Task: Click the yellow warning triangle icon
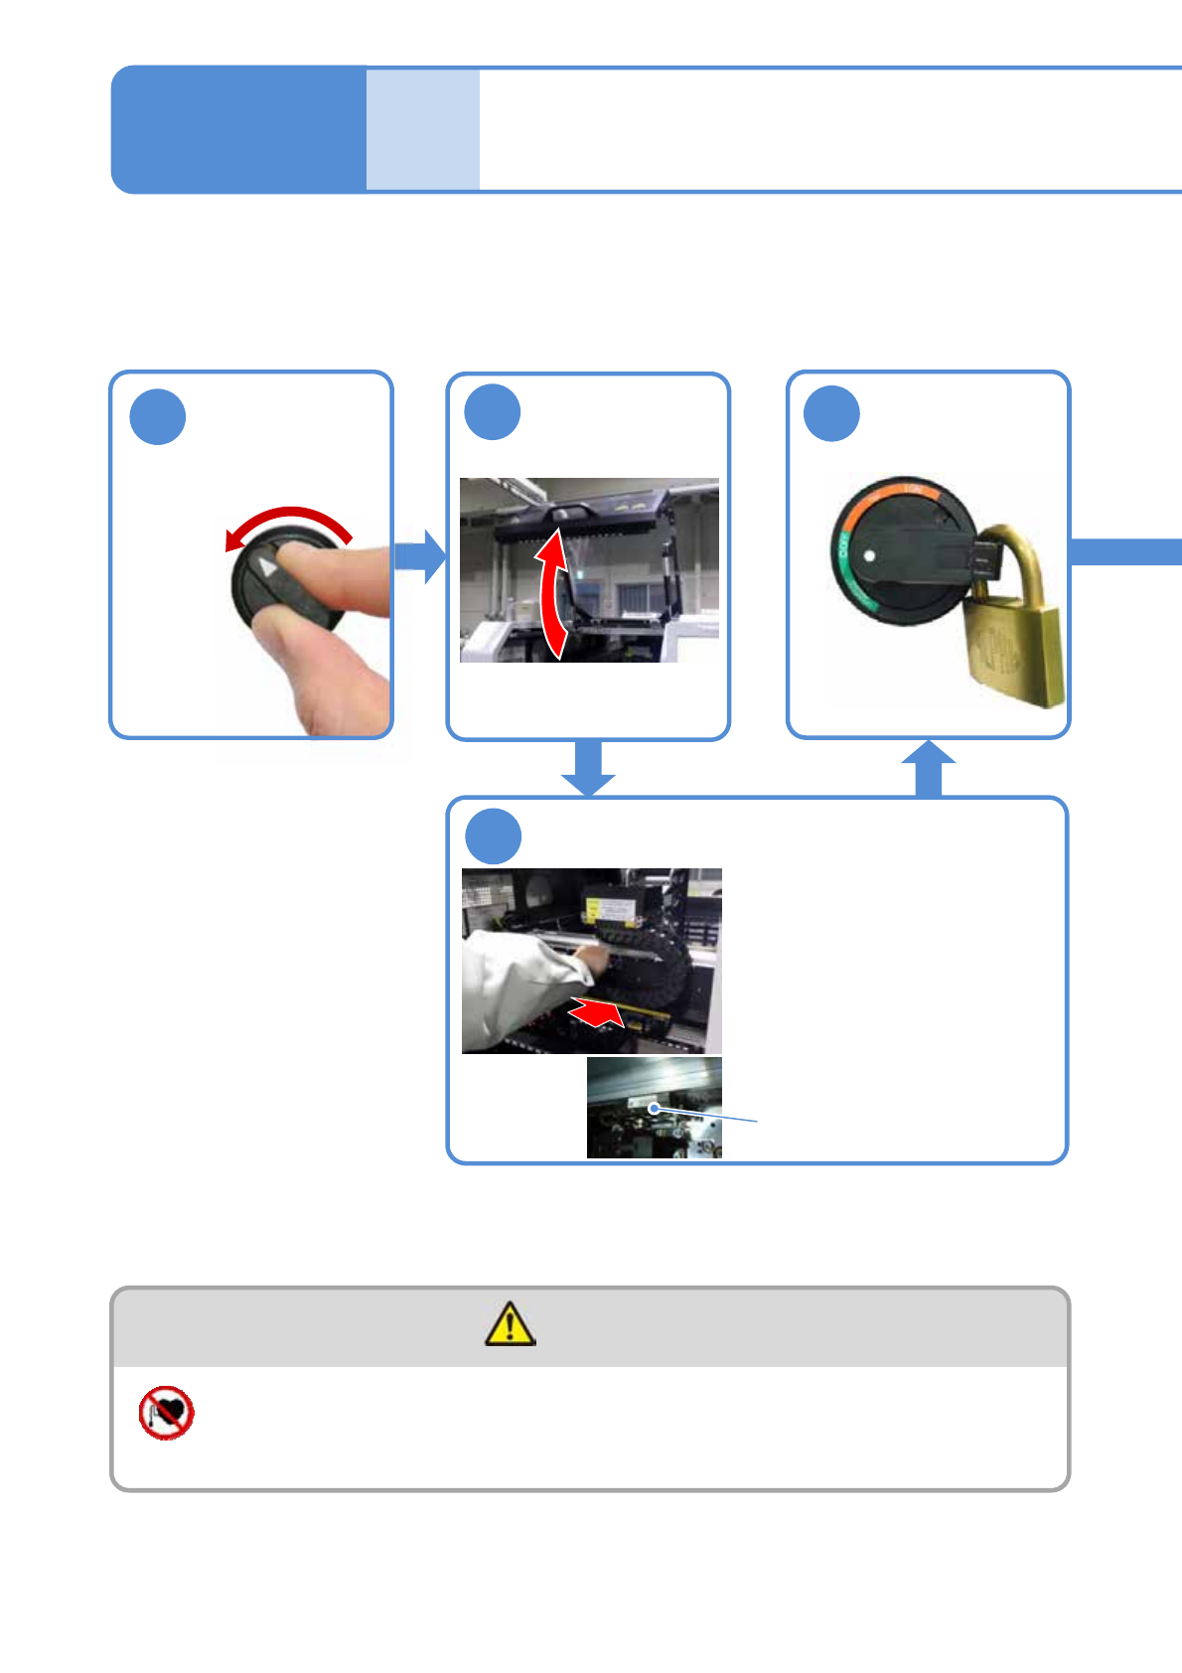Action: (x=510, y=1324)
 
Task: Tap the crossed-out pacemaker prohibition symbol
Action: (x=166, y=1413)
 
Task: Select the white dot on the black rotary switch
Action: (x=870, y=556)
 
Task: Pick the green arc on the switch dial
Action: (x=842, y=566)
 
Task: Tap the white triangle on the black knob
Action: (x=266, y=567)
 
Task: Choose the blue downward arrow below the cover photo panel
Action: (x=588, y=768)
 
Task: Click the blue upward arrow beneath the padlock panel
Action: (x=928, y=769)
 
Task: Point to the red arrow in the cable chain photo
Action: (x=597, y=1012)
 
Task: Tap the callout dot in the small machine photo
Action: (x=654, y=1108)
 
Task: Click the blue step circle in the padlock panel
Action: (x=831, y=414)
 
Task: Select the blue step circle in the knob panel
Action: (x=158, y=417)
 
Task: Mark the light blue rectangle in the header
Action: (x=423, y=129)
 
